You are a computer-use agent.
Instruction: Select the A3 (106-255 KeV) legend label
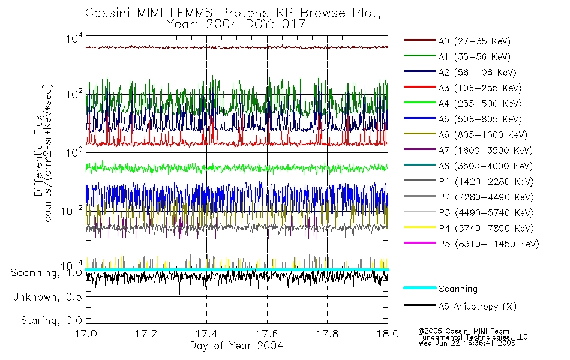[479, 88]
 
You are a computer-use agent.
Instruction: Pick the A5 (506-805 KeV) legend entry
[479, 119]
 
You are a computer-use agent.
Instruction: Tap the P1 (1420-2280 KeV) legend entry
[484, 181]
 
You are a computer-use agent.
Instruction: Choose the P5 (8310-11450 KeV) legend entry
[488, 244]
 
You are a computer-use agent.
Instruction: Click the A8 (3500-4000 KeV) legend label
[484, 166]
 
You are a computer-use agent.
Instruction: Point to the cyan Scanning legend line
[419, 288]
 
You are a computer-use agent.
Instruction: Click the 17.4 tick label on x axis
[206, 334]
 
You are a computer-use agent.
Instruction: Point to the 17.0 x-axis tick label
[86, 334]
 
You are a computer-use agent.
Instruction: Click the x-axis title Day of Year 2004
[236, 346]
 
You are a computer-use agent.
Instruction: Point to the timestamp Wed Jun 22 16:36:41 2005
[466, 343]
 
